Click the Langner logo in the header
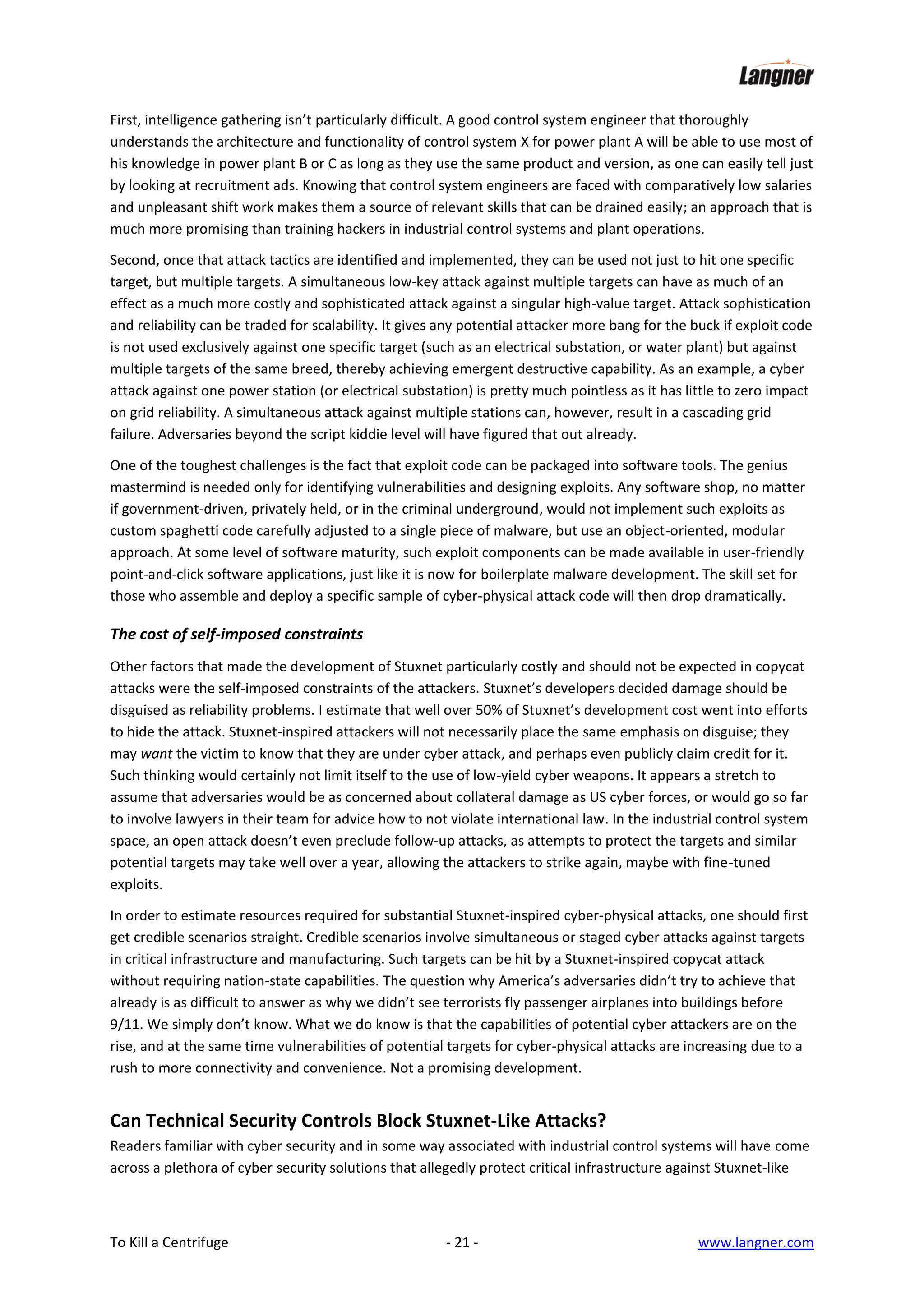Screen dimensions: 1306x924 pyautogui.click(x=776, y=74)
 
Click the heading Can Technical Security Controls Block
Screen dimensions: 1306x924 pyautogui.click(x=357, y=1120)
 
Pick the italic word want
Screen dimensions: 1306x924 pyautogui.click(x=156, y=754)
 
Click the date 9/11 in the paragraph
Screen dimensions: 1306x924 pyautogui.click(x=125, y=1025)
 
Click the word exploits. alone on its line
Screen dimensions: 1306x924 pyautogui.click(x=136, y=884)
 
